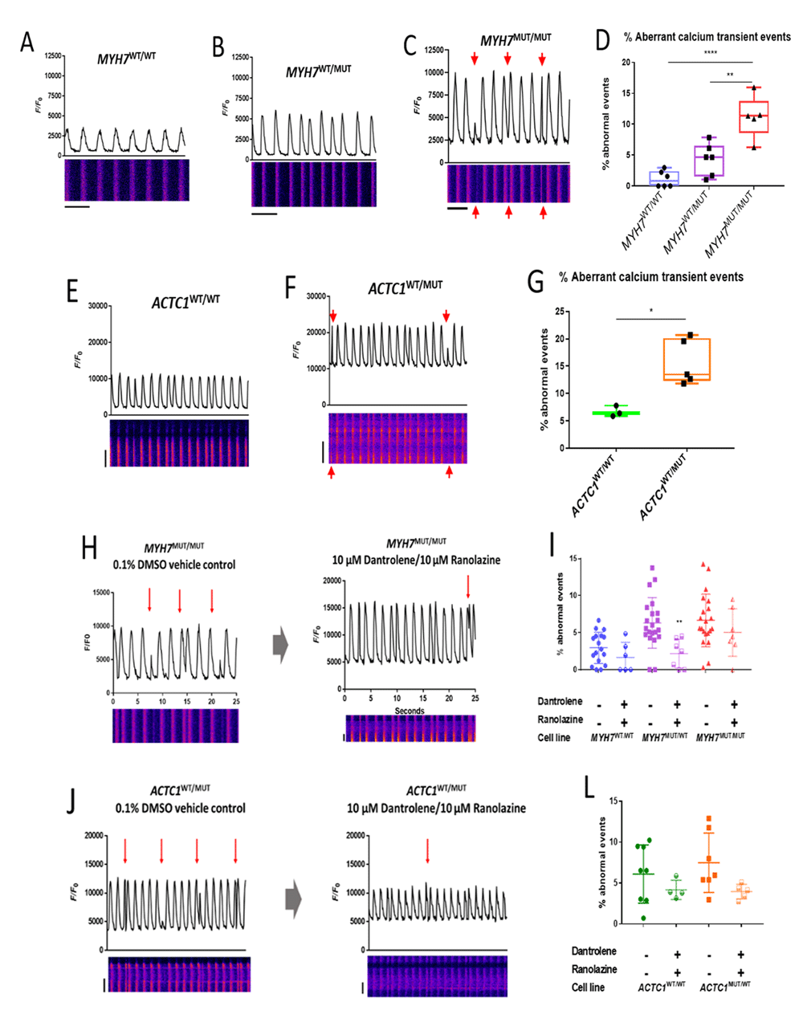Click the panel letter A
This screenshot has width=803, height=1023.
click(x=27, y=43)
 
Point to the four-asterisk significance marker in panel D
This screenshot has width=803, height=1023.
click(x=710, y=53)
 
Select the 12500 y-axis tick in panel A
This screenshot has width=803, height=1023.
click(x=51, y=55)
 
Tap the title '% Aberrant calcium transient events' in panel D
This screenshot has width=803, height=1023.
click(x=707, y=37)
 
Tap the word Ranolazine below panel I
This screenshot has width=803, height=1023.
click(x=559, y=719)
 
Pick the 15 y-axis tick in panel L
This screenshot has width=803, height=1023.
click(x=614, y=801)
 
